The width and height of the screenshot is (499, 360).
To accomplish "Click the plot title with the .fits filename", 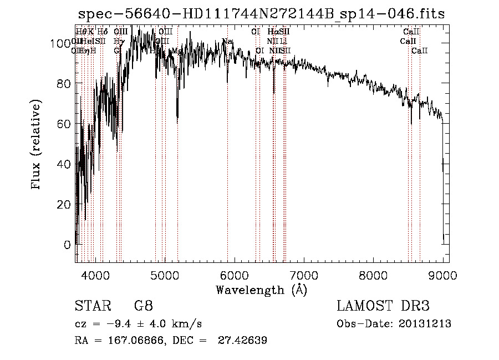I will pyautogui.click(x=261, y=14).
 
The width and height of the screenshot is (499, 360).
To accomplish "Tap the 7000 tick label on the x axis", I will pyautogui.click(x=304, y=275).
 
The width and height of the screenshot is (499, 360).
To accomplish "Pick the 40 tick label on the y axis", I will pyautogui.click(x=65, y=164).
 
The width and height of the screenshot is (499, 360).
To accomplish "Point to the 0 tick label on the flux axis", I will pyautogui.click(x=68, y=245).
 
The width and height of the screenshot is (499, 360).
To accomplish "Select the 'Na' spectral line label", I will pyautogui.click(x=227, y=41).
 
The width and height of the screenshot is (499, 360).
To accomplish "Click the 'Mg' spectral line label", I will pyautogui.click(x=177, y=50).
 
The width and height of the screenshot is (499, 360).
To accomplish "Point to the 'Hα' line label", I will pyautogui.click(x=272, y=32).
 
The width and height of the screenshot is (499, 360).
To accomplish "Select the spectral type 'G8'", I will pyautogui.click(x=143, y=306).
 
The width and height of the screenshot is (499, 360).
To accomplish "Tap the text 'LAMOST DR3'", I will pyautogui.click(x=383, y=306).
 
